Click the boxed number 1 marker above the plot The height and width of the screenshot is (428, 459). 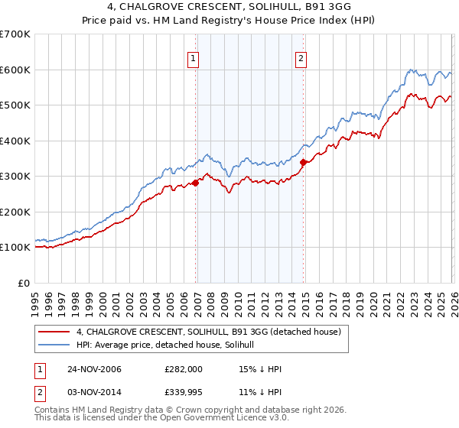coord(194,58)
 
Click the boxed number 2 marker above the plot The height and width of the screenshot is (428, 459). coord(301,58)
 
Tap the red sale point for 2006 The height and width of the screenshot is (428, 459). coord(196,183)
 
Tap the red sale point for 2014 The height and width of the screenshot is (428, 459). coord(303,162)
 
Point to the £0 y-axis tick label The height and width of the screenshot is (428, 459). coord(23,283)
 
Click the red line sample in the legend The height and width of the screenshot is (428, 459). coord(55,331)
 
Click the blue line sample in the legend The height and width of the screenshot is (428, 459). coord(55,345)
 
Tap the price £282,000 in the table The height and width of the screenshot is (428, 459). coord(184,369)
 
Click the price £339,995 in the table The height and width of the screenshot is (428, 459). coord(184,393)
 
